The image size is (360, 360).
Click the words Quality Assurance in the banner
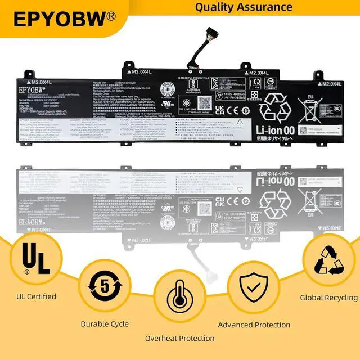[244, 7]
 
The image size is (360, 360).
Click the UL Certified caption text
[37, 296]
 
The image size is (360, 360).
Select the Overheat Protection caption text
[180, 338]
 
